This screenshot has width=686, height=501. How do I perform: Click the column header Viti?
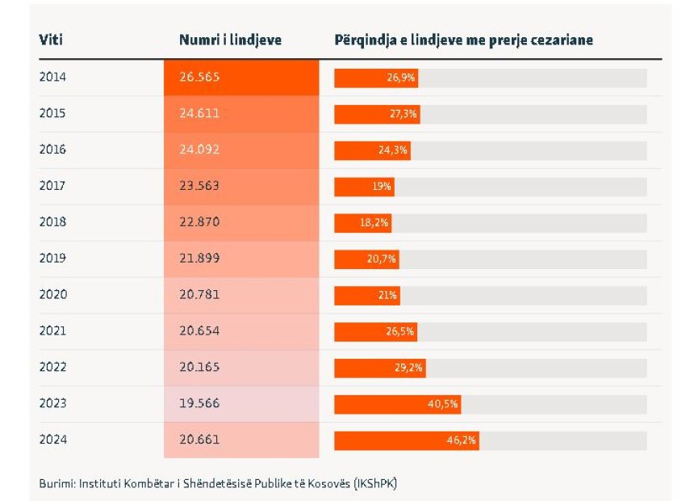[51, 40]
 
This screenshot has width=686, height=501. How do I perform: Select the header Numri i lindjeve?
[230, 40]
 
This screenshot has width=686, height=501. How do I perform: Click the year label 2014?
[52, 78]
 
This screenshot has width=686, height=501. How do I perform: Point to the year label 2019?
[52, 259]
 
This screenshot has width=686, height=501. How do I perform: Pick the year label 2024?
[52, 440]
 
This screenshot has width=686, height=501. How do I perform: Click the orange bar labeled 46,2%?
[407, 440]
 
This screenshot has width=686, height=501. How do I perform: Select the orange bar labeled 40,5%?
[397, 404]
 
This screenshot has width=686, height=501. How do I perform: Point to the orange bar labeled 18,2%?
[362, 222]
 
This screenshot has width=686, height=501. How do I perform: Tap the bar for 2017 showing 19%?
[364, 186]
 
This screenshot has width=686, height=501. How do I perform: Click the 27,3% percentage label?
[403, 114]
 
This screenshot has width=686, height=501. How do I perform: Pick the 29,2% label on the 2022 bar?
[409, 368]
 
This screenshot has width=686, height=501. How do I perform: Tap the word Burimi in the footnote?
[56, 483]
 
